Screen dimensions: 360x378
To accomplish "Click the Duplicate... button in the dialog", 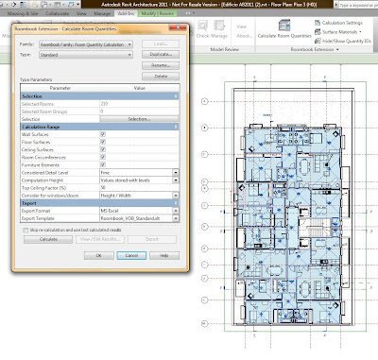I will (x=161, y=55).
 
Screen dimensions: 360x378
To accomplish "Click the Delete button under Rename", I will (x=161, y=76).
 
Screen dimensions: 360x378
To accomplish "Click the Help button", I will (x=163, y=255).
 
